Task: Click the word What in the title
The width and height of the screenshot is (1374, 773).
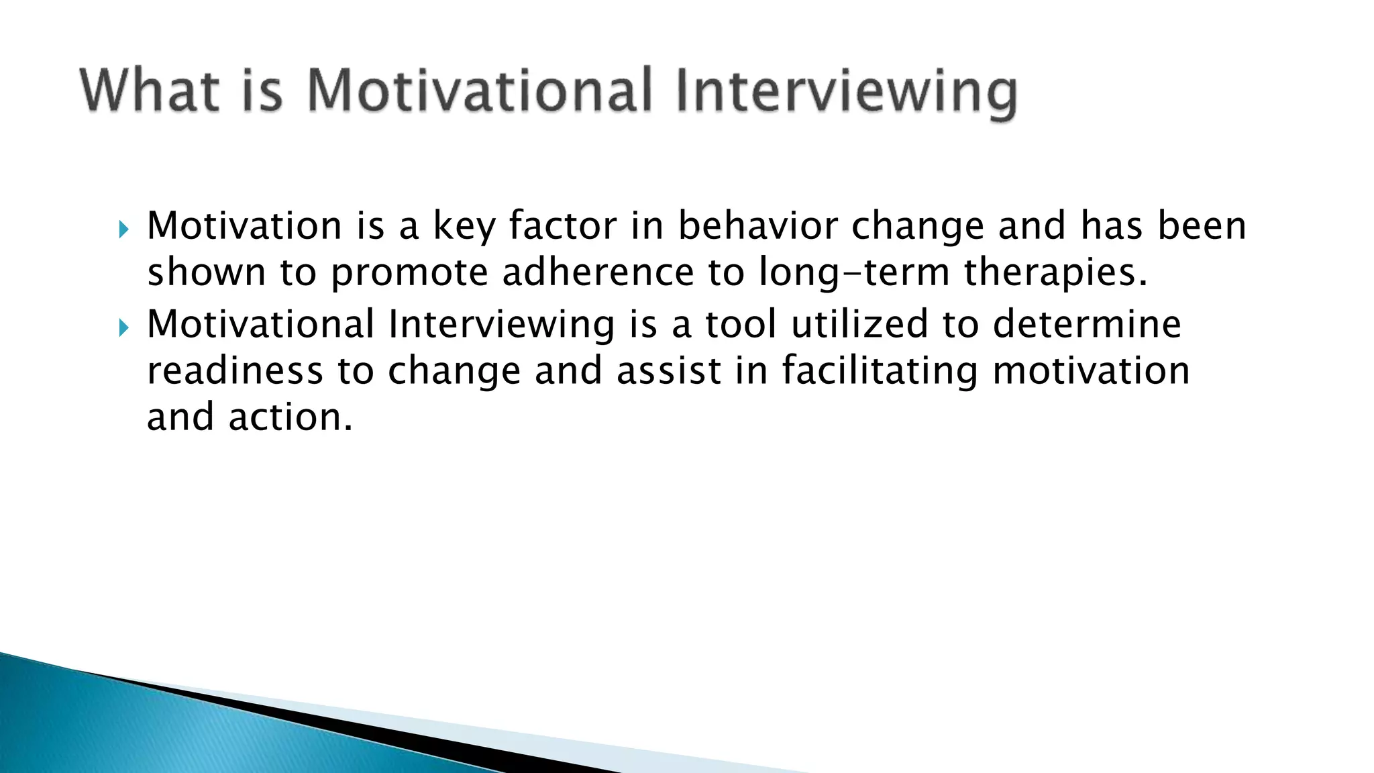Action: click(x=150, y=91)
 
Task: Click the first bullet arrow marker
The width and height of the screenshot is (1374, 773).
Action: click(x=122, y=231)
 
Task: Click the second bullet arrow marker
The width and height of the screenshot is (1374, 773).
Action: click(x=122, y=328)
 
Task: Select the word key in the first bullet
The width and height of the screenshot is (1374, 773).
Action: click(x=464, y=226)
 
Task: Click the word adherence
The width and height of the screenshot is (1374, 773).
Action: click(x=598, y=272)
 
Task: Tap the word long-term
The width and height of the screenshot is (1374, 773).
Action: click(x=854, y=272)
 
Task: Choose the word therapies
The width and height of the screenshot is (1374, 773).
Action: click(x=1055, y=272)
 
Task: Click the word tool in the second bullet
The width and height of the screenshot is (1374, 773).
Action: click(x=741, y=324)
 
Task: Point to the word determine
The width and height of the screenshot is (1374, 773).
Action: click(x=1087, y=324)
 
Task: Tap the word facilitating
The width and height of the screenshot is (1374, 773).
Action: click(x=880, y=370)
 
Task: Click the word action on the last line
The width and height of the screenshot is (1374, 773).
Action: click(x=290, y=417)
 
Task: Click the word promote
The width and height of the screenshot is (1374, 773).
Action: click(x=409, y=272)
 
